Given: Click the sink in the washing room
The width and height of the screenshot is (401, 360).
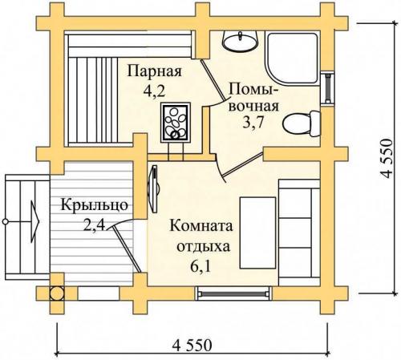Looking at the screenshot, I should tap(237, 39).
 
